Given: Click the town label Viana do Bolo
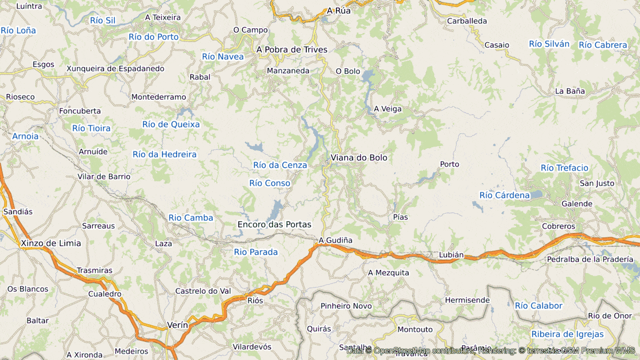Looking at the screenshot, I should pyautogui.click(x=359, y=158).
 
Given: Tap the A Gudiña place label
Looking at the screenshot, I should pyautogui.click(x=335, y=241).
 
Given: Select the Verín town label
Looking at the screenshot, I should pyautogui.click(x=177, y=325).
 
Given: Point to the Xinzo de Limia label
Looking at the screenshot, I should pyautogui.click(x=51, y=243).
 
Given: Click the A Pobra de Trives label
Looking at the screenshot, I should pyautogui.click(x=292, y=50).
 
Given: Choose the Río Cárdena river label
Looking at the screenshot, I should pyautogui.click(x=505, y=195).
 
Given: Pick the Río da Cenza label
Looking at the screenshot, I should pyautogui.click(x=280, y=165).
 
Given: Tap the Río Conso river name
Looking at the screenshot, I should pyautogui.click(x=270, y=183).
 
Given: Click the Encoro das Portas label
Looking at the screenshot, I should pyautogui.click(x=274, y=225).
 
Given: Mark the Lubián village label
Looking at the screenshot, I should pyautogui.click(x=451, y=255).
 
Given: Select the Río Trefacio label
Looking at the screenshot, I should pyautogui.click(x=564, y=168).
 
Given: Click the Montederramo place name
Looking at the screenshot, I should pyautogui.click(x=158, y=97).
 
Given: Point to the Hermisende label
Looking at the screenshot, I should pyautogui.click(x=467, y=300).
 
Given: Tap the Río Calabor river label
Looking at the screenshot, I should pyautogui.click(x=539, y=306).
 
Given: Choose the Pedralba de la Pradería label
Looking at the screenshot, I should pyautogui.click(x=589, y=259).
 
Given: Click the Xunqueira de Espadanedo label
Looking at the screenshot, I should pyautogui.click(x=115, y=69).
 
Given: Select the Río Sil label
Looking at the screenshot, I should pyautogui.click(x=103, y=20).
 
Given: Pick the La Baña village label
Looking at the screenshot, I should pyautogui.click(x=570, y=91).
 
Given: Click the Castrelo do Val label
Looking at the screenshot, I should pyautogui.click(x=203, y=291).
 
